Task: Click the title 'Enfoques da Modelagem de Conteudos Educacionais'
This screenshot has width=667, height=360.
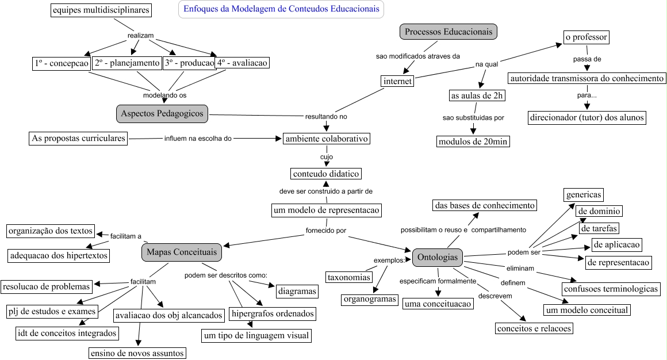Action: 281,9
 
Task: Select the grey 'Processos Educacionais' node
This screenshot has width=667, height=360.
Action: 448,32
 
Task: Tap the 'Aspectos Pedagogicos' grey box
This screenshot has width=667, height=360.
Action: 162,113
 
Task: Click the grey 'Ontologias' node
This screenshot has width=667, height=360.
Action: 438,257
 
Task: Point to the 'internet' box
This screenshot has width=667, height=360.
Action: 397,81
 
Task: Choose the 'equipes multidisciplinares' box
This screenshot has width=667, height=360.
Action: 100,10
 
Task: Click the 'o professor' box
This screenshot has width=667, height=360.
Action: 585,37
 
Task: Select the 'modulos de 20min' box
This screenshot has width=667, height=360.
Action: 473,141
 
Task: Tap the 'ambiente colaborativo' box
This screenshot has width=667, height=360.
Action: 326,139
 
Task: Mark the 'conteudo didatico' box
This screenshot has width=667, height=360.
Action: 326,173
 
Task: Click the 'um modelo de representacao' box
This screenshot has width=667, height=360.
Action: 326,210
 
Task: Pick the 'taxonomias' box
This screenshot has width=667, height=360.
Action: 348,278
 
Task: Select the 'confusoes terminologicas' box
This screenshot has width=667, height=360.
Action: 611,289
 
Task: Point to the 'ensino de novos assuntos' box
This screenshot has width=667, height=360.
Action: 137,353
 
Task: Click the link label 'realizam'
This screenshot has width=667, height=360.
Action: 140,36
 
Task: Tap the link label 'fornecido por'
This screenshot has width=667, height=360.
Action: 326,231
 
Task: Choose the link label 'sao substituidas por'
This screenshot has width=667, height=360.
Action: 473,117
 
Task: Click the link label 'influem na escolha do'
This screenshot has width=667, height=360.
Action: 198,139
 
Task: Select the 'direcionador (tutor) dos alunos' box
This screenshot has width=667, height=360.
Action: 586,118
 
